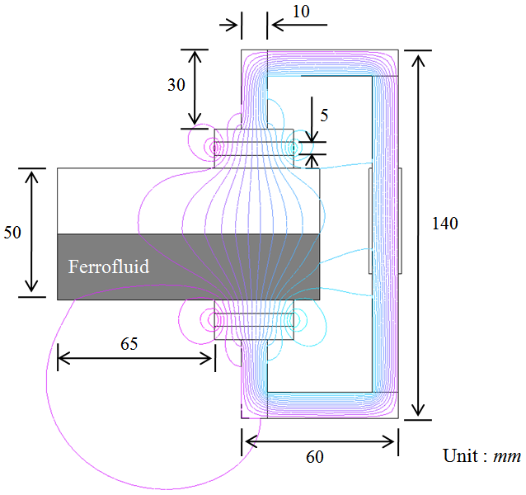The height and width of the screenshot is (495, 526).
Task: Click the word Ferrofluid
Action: point(109,266)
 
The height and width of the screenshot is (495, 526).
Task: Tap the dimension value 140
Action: point(445,224)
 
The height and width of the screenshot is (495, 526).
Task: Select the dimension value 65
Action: point(129,344)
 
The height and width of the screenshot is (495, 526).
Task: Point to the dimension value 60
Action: point(315,457)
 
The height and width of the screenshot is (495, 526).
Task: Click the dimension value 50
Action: point(12,232)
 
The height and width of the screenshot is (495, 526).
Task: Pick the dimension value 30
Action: point(176,85)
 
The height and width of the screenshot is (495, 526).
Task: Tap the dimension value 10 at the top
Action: point(301,12)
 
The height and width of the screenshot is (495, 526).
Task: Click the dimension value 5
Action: point(324,115)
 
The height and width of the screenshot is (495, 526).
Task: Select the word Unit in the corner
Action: point(460,455)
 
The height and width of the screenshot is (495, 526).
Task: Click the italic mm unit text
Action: point(507,457)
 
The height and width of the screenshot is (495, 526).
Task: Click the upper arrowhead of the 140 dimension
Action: point(418,60)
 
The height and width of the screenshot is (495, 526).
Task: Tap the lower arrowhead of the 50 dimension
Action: point(31,285)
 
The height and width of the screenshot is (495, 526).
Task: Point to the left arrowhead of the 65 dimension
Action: point(63,358)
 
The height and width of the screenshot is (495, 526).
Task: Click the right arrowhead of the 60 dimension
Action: point(387,441)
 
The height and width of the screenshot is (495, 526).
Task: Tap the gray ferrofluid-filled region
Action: point(188,266)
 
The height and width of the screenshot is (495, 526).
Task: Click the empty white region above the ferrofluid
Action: point(188,201)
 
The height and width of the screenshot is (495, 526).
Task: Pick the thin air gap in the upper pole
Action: point(254,148)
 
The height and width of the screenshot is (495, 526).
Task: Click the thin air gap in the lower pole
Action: point(254,320)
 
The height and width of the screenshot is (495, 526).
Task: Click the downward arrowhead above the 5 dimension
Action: point(312,137)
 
